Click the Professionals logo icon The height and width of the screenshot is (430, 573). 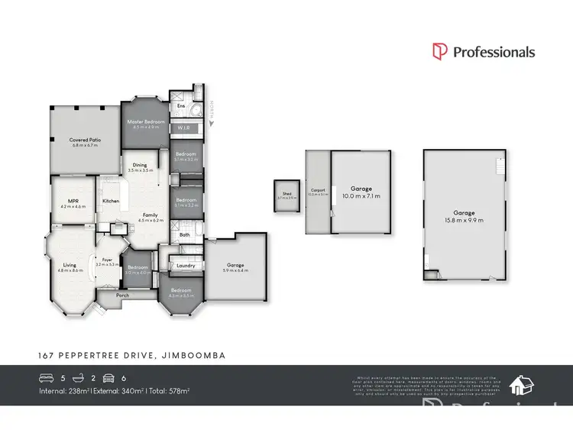coord(440,52)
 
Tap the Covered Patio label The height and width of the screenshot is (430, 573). coord(85,140)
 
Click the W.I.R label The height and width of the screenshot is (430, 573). coord(183,128)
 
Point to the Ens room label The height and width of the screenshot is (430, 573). coord(181,106)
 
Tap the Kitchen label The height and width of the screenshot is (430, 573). coord(111,202)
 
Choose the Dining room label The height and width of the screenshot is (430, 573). coord(140,165)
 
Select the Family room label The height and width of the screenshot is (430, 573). coord(151,215)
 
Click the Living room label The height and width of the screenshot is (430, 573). coord(70,265)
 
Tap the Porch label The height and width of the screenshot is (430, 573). coord(122,295)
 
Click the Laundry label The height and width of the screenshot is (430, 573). coord(186,266)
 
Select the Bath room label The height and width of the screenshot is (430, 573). coord(184,235)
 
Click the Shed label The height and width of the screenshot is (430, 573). coord(287,194)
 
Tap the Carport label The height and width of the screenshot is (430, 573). coord(317,190)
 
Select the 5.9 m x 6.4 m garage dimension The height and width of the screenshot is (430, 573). coord(235,272)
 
